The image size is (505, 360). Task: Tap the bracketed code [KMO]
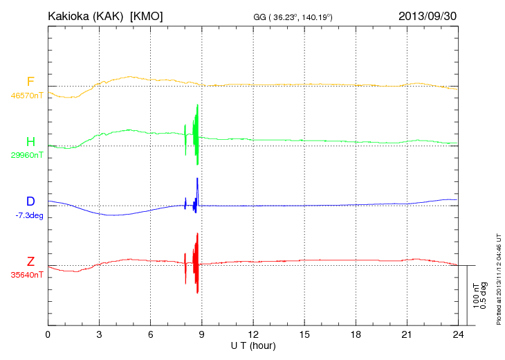[147, 15]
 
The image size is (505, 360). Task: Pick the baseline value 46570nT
[27, 96]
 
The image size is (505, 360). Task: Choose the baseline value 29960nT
[27, 156]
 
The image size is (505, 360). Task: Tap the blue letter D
[30, 201]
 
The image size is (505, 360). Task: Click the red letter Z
[30, 262]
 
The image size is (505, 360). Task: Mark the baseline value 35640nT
[27, 275]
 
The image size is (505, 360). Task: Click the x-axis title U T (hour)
[253, 345]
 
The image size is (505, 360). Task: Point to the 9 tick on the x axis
[202, 334]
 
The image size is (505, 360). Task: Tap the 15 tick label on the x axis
[304, 334]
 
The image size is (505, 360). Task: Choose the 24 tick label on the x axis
[458, 334]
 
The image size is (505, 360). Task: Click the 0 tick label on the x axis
[48, 334]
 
